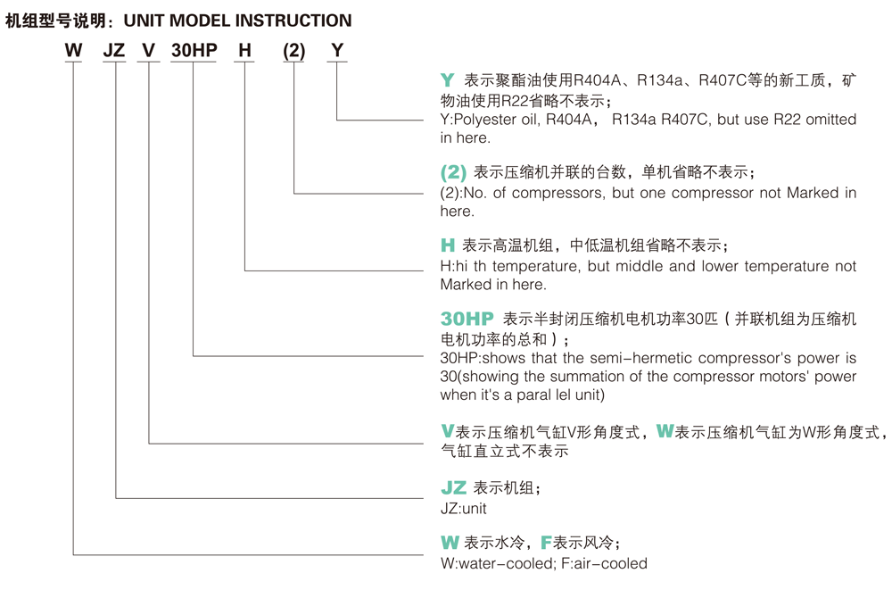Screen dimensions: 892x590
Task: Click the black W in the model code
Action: tap(73, 50)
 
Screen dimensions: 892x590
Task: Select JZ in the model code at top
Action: tap(114, 50)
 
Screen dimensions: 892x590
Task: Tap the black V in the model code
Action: tap(148, 50)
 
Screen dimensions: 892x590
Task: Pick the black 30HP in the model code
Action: tap(194, 50)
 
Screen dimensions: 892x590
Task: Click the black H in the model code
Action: tap(244, 50)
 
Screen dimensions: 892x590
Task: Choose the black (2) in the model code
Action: tap(294, 51)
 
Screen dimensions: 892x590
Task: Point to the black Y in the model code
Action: tap(337, 50)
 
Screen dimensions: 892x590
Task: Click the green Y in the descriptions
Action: tap(448, 80)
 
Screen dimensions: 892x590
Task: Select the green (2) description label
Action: tap(453, 172)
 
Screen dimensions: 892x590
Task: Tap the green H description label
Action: tap(448, 245)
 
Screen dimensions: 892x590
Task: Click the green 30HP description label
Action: tap(467, 319)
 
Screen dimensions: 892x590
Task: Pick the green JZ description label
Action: tap(453, 488)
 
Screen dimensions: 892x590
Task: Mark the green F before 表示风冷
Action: tap(546, 543)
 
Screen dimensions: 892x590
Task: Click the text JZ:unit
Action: tap(464, 508)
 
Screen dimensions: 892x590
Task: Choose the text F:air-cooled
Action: tap(604, 563)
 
